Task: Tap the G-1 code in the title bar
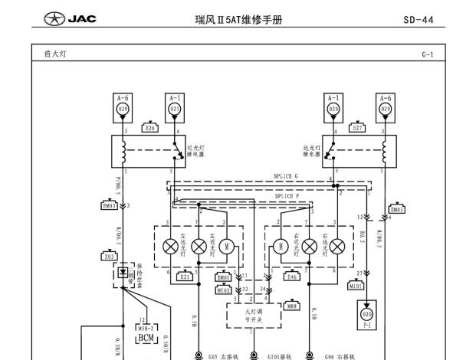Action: click(x=426, y=55)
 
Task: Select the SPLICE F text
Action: click(x=286, y=196)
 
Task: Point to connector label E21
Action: click(x=185, y=277)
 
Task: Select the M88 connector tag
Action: click(x=291, y=306)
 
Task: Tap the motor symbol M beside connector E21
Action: click(x=225, y=246)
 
